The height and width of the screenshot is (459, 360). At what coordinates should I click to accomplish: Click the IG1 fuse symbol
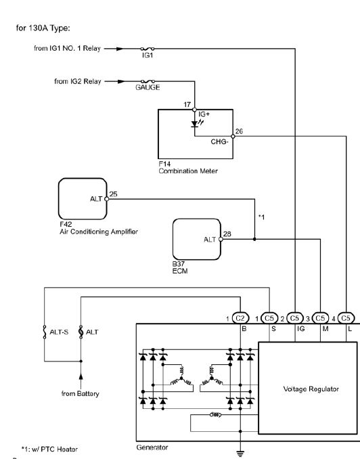coord(148,49)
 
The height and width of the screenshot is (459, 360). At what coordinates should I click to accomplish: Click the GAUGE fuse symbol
coord(148,81)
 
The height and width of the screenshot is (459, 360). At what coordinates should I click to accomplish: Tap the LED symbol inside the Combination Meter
coord(195,124)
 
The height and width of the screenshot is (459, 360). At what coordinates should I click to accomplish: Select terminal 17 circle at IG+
coord(194,110)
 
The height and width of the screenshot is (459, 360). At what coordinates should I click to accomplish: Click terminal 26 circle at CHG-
coord(233,136)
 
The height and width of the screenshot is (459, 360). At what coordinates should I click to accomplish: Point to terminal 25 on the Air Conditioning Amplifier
coord(107,199)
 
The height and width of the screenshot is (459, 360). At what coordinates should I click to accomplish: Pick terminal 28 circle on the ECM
coord(221,239)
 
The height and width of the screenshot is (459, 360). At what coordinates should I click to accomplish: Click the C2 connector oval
coord(240,318)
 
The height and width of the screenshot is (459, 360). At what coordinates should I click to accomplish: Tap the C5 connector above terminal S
coord(269,318)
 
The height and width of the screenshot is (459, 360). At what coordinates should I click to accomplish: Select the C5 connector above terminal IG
coord(295,318)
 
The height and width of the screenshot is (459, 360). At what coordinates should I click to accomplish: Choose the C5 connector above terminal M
coord(321,318)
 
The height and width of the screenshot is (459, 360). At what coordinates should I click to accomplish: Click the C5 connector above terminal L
coord(346,318)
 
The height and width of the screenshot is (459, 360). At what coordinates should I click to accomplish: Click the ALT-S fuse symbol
coord(45,332)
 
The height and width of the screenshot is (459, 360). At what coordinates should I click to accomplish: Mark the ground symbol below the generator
coord(240,454)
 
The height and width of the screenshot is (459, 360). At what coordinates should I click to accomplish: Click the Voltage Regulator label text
coord(311,389)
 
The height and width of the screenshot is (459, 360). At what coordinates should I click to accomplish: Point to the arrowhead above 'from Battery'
coord(81,376)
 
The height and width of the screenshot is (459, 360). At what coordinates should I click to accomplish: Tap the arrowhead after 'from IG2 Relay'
coord(121,81)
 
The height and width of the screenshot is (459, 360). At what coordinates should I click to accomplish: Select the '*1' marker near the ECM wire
coord(261,217)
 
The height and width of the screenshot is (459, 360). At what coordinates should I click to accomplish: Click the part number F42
coord(66,224)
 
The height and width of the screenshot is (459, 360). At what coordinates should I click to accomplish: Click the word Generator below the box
coord(152,447)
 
